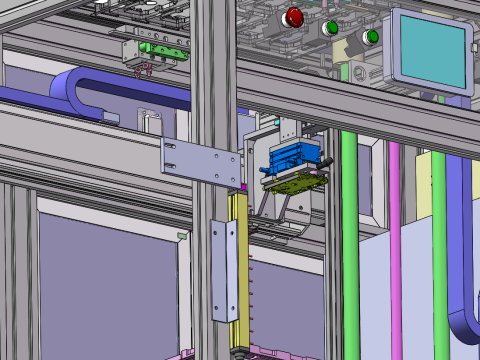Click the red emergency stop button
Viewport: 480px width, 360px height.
294,16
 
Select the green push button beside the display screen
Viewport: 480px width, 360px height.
372,38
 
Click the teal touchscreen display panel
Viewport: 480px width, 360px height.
431,49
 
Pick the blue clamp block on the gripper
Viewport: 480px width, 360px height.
295,156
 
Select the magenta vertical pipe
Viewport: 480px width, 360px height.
395,240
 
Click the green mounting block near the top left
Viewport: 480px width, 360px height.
163,48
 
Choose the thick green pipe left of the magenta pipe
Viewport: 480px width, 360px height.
350,240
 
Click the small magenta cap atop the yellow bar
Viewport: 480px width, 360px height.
243,186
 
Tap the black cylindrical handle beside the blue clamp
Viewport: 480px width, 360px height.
323,161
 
